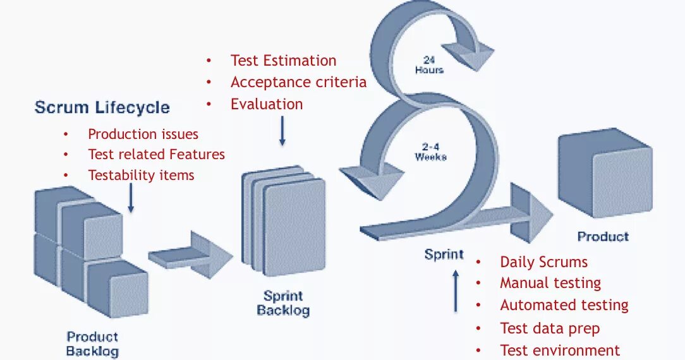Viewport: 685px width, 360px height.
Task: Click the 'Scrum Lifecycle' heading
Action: coord(102,107)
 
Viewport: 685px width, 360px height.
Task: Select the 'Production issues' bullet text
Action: coord(143,134)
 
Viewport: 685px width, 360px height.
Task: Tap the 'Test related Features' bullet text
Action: coord(156,154)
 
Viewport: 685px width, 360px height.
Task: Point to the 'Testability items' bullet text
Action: coord(141,175)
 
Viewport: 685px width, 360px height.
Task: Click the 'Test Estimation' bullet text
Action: coord(283,61)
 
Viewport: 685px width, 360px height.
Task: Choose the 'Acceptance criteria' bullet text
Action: coord(298,82)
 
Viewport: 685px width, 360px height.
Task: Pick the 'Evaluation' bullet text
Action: coord(267,104)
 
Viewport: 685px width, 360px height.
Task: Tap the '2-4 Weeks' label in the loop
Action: coord(430,152)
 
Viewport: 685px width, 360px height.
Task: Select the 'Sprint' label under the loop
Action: coord(444,255)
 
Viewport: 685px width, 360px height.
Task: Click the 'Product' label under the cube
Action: coord(603,237)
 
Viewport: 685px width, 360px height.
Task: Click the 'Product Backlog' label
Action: coord(92,344)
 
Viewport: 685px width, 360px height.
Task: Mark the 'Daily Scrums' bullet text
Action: coord(543,262)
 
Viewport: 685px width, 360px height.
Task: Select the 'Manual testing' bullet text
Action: coord(550,283)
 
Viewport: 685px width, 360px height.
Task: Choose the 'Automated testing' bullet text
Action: coord(564,305)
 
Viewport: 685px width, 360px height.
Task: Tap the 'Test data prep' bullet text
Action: coord(550,328)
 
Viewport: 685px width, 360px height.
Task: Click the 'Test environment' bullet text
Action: coord(560,350)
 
